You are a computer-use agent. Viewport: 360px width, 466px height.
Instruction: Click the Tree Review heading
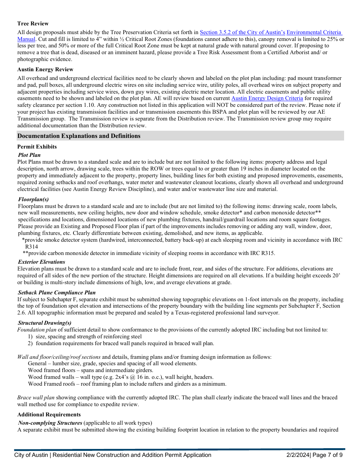[33, 23]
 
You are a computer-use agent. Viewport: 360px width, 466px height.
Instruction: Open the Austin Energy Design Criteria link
[267, 99]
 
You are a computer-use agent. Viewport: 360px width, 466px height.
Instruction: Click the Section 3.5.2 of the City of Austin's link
[242, 33]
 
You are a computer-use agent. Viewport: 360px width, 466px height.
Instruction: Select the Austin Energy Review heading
[45, 69]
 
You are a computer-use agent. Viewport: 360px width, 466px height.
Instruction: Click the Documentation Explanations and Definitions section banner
[79, 136]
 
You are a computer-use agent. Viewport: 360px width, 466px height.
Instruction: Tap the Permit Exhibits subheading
[37, 147]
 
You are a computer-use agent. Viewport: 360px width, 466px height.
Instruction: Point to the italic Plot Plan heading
[29, 155]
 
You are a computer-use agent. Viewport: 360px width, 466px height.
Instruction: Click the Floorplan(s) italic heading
[33, 199]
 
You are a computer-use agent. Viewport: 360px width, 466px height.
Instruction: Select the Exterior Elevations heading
[41, 262]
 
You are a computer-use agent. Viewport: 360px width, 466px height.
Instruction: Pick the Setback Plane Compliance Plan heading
[56, 292]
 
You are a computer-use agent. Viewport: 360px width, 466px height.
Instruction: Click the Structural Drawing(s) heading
[44, 323]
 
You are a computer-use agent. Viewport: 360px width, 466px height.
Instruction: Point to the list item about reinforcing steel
[89, 336]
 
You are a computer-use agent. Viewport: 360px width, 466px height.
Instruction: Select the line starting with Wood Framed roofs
[127, 384]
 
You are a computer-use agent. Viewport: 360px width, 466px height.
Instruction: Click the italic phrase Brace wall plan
[36, 397]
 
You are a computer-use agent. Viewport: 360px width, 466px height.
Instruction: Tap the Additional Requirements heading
[49, 414]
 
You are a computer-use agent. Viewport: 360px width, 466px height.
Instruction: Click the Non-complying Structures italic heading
[50, 423]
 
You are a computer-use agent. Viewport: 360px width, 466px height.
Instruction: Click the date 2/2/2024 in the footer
[298, 455]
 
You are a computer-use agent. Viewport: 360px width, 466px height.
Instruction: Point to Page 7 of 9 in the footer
[328, 455]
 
